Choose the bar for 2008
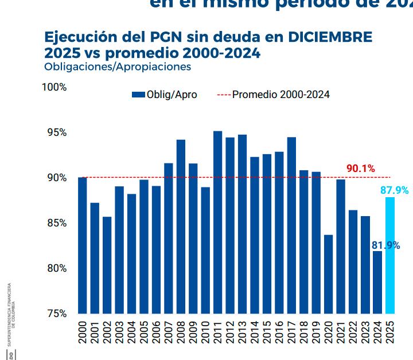[x=181, y=226]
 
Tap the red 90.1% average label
[x=360, y=169]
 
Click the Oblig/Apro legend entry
[x=165, y=95]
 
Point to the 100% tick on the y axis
[x=55, y=87]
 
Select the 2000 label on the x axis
[x=83, y=332]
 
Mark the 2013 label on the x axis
[x=243, y=332]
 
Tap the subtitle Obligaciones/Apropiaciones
[x=117, y=66]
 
